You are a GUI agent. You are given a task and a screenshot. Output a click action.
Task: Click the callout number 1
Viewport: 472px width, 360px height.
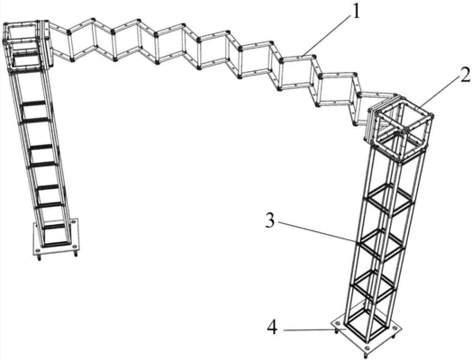(356, 12)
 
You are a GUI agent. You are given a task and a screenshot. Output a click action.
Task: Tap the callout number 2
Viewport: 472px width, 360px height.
(464, 75)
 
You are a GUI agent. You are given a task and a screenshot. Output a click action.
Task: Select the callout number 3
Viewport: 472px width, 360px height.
(270, 221)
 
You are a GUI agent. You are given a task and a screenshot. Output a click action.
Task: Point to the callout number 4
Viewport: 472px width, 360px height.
(272, 328)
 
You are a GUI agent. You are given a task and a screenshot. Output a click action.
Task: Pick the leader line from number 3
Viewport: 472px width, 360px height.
(318, 232)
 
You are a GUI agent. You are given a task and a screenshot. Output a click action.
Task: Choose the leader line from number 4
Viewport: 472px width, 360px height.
(311, 330)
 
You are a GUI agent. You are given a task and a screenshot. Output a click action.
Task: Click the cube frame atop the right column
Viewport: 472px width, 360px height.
(401, 130)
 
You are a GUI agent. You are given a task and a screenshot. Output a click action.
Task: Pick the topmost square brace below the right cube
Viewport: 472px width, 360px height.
(390, 200)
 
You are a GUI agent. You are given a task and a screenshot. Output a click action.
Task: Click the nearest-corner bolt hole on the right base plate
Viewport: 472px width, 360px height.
(367, 349)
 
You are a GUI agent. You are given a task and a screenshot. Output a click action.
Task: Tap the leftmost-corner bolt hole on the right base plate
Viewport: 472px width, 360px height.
(337, 324)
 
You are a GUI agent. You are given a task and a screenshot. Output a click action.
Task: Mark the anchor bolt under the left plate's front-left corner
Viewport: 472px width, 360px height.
(39, 257)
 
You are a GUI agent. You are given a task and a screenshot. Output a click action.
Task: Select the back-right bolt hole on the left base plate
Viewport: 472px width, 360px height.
(73, 222)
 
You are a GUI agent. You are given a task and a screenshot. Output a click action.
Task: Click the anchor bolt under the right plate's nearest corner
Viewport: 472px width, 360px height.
(366, 356)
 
